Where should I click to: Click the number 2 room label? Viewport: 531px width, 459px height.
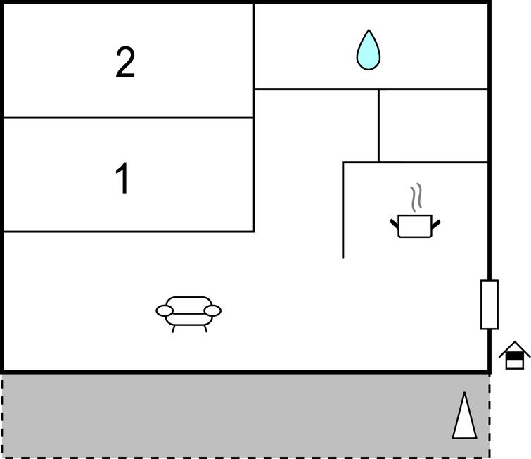(x=125, y=62)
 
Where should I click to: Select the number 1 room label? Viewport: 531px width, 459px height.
(x=122, y=177)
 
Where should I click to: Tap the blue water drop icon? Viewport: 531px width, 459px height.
(x=369, y=50)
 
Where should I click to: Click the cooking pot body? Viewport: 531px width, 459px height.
(x=415, y=226)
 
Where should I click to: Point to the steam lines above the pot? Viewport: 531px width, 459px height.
(x=416, y=197)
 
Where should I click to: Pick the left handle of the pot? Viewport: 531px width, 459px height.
(x=394, y=224)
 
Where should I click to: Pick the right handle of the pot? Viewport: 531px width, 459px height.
(x=436, y=224)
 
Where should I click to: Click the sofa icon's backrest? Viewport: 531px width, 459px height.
(x=189, y=304)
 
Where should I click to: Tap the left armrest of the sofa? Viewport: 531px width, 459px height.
(x=165, y=310)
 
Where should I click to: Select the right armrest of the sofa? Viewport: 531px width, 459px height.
(x=212, y=310)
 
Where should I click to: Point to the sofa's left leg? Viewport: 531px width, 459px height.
(x=174, y=329)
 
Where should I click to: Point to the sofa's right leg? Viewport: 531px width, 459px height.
(x=205, y=329)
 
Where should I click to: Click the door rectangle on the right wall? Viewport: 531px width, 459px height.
(x=490, y=304)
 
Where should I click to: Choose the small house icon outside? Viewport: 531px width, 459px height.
(x=514, y=355)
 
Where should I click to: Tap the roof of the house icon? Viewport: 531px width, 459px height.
(x=514, y=349)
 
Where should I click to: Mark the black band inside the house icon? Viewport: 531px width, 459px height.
(x=514, y=356)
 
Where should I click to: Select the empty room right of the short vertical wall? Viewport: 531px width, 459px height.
(x=433, y=126)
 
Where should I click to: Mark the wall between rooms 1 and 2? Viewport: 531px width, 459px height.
(x=129, y=118)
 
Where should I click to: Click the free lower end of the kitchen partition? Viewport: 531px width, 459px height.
(x=343, y=258)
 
